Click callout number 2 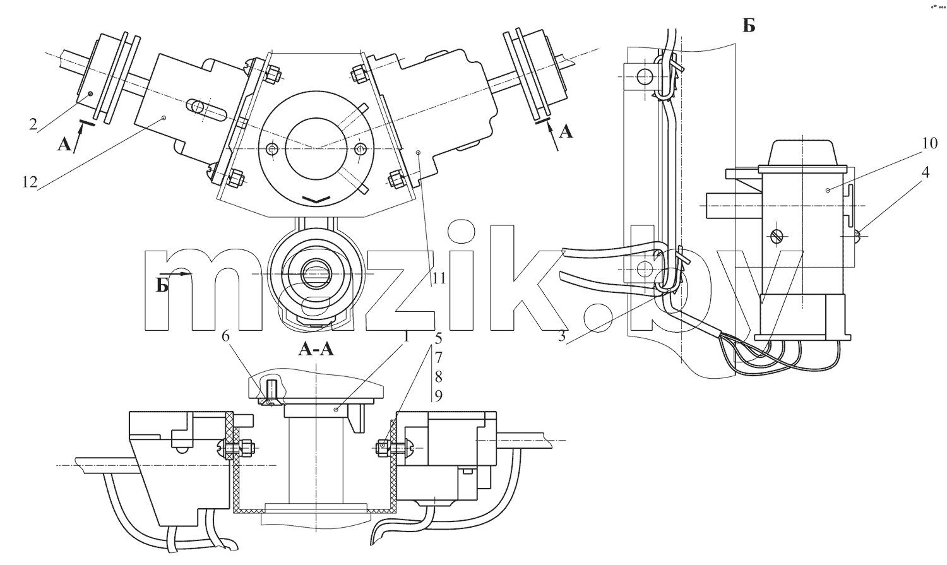[x=33, y=124]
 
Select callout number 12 [x=30, y=182]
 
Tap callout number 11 [x=439, y=278]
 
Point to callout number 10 [x=929, y=144]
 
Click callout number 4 [x=926, y=173]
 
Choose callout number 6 [x=225, y=336]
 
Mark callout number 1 [x=407, y=337]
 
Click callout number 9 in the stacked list [x=438, y=396]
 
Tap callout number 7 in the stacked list [x=438, y=357]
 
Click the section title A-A [x=316, y=349]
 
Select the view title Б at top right [x=749, y=27]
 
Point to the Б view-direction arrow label [x=162, y=286]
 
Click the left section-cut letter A [x=64, y=145]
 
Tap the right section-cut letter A [x=566, y=133]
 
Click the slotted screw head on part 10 [x=777, y=236]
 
